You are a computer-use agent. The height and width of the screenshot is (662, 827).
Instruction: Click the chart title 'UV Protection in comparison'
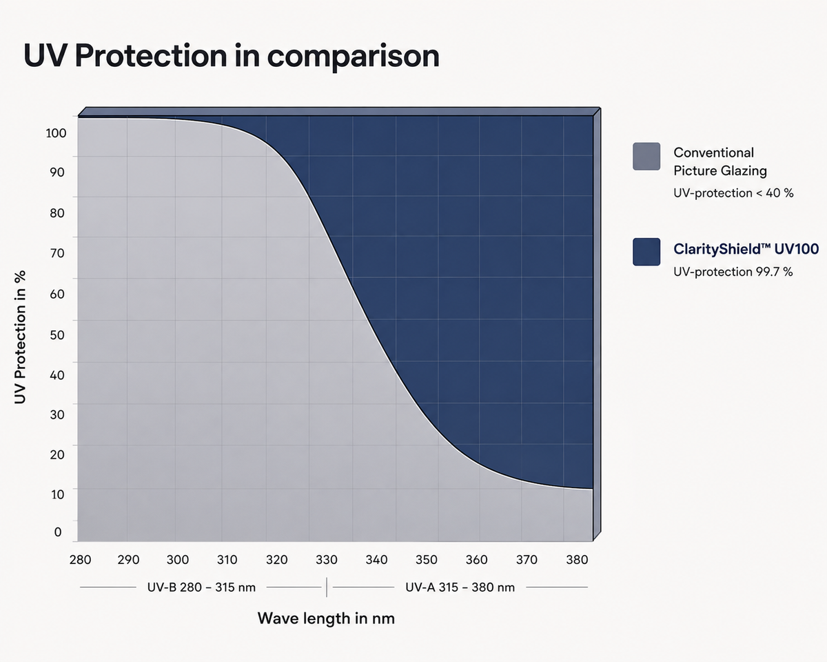tap(232, 57)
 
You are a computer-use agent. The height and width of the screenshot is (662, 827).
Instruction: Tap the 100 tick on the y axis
tap(56, 133)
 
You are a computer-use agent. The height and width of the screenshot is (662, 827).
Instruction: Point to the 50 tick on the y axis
tap(57, 334)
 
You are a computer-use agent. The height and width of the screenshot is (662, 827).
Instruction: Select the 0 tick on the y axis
tap(58, 532)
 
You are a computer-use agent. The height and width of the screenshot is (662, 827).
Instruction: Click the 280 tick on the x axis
tap(81, 560)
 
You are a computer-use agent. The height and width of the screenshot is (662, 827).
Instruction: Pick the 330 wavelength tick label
tap(327, 560)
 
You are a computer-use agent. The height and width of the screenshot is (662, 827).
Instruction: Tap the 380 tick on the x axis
tap(577, 560)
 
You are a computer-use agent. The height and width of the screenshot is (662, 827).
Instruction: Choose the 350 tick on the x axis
tap(427, 560)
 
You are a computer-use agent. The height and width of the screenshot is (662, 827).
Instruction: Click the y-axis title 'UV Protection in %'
tap(20, 337)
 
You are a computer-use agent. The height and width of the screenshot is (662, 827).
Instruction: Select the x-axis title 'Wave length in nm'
tap(326, 619)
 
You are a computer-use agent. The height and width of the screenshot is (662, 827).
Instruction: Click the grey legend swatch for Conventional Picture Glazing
tap(646, 157)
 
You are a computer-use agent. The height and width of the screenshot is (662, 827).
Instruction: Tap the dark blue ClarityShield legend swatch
tap(646, 252)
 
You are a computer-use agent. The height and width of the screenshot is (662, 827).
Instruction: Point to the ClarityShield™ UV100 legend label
tap(746, 249)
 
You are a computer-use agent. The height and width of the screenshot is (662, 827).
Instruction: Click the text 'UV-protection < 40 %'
tap(733, 192)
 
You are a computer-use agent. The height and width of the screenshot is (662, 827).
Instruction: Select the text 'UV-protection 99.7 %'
tap(733, 272)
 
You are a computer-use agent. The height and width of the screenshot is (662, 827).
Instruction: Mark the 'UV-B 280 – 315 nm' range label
tap(201, 588)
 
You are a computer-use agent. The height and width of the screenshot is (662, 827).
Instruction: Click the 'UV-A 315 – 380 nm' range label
tap(460, 588)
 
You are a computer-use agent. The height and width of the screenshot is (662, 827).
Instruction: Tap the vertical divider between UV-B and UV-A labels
tap(327, 588)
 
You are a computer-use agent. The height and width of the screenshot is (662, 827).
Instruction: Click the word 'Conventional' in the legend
tap(714, 152)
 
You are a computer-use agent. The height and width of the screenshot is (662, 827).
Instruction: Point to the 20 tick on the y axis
tap(57, 454)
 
